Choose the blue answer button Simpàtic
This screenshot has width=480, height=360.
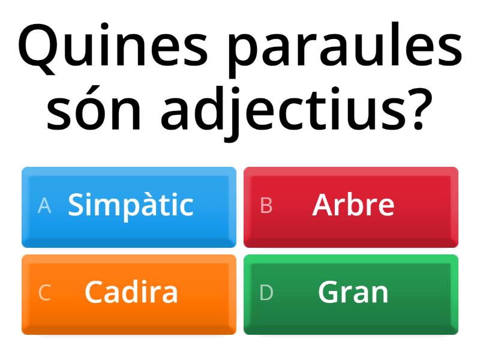(129, 206)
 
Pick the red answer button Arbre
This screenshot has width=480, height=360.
(351, 206)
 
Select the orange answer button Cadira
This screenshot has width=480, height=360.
(129, 294)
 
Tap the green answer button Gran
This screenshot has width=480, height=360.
(351, 294)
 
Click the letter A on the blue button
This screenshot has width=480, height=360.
(44, 206)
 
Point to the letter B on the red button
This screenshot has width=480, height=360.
(266, 206)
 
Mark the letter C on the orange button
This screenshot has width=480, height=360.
(44, 293)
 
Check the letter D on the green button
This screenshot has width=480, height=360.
(266, 293)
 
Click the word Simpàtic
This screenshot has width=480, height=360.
(131, 206)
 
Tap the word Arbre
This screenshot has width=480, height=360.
(353, 205)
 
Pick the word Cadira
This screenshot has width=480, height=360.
(131, 292)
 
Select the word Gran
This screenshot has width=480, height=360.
(353, 293)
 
